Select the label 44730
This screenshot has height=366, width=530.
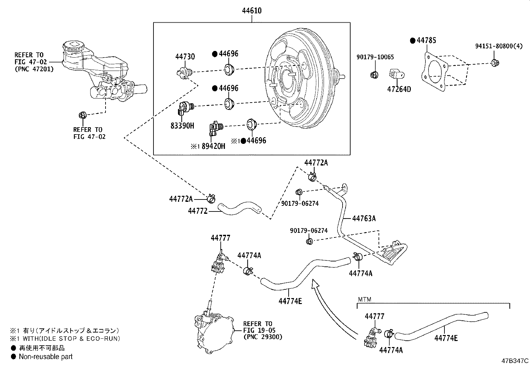[x=185, y=57]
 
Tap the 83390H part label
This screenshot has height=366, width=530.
[x=183, y=126]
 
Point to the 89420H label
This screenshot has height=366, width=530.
[x=212, y=146]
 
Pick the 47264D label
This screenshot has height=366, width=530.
[x=399, y=89]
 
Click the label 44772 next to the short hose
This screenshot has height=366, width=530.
[x=198, y=211]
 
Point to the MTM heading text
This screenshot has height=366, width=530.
[x=365, y=299]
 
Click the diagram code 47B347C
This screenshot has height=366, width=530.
[x=515, y=361]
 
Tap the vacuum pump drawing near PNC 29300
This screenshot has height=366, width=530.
[x=213, y=333]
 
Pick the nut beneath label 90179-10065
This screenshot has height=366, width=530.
[x=374, y=75]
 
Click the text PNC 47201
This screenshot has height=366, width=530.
[x=34, y=69]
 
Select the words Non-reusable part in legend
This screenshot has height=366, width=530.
[x=46, y=357]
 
